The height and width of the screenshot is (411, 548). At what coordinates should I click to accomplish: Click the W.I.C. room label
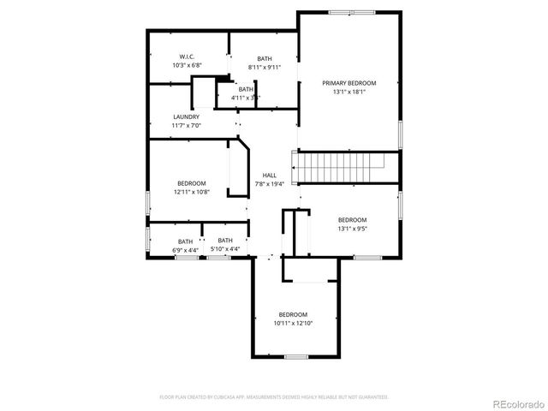(x=186, y=57)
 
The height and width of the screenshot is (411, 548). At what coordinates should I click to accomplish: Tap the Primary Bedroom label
(x=348, y=83)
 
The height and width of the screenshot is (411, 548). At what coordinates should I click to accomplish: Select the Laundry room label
(x=186, y=117)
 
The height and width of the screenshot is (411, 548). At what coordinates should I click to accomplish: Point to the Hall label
(x=269, y=175)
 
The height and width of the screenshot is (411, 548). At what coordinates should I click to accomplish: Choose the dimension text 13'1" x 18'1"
(x=348, y=92)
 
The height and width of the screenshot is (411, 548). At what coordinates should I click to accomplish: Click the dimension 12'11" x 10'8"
(x=191, y=192)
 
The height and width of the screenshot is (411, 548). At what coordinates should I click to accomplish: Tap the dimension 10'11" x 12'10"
(x=293, y=324)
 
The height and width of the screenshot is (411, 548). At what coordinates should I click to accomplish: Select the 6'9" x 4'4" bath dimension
(x=185, y=250)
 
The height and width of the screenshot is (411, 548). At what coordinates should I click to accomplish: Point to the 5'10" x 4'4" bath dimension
(x=225, y=249)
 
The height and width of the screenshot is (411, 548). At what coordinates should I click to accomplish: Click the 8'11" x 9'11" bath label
(x=264, y=67)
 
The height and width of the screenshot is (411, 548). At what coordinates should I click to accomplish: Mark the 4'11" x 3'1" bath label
(x=246, y=98)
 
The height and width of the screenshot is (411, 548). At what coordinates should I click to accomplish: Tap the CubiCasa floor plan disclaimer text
(x=274, y=397)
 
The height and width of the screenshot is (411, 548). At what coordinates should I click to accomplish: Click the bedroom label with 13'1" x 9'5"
(x=352, y=220)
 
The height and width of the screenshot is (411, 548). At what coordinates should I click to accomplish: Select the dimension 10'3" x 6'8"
(x=186, y=65)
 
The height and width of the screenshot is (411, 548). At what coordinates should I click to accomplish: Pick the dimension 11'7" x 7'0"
(x=186, y=126)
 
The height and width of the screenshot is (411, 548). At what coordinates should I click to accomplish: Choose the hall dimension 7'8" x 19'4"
(x=269, y=183)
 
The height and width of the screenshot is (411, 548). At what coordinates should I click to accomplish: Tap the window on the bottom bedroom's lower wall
(x=295, y=356)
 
